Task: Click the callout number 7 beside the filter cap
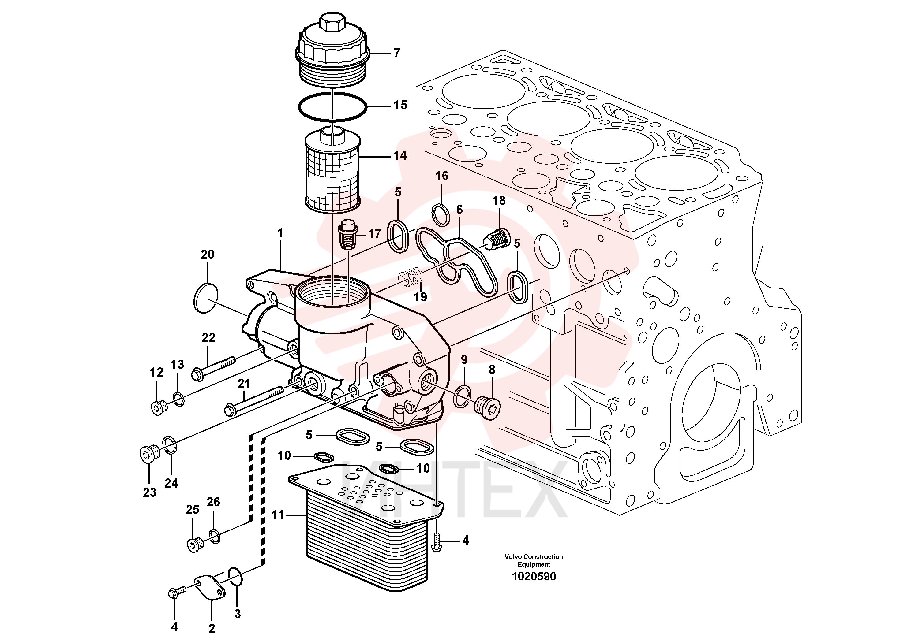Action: pyautogui.click(x=397, y=53)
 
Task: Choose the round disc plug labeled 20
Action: pyautogui.click(x=206, y=298)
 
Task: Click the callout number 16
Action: pyautogui.click(x=442, y=176)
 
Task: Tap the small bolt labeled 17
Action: pyautogui.click(x=347, y=237)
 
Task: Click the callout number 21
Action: pyautogui.click(x=244, y=383)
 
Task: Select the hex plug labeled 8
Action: pyautogui.click(x=487, y=407)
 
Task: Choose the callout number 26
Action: pyautogui.click(x=213, y=502)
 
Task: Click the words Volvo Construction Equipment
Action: pyautogui.click(x=534, y=560)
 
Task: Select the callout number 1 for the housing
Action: pyautogui.click(x=281, y=233)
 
